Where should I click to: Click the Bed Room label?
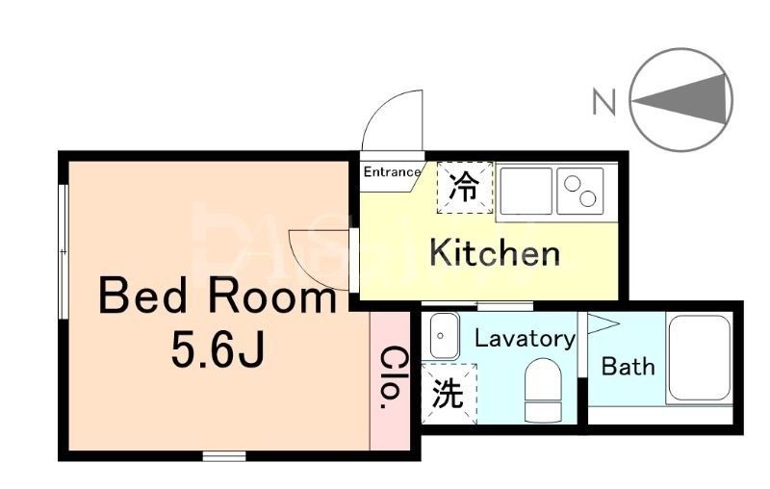218,296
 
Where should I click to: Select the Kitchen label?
494,253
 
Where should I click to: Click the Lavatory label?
525,339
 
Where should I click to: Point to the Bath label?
628,366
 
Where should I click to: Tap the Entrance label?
392,172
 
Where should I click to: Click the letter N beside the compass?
603,101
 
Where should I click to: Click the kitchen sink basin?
525,189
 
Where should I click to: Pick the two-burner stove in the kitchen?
580,189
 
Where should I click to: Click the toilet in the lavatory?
541,390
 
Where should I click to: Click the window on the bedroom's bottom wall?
223,454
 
